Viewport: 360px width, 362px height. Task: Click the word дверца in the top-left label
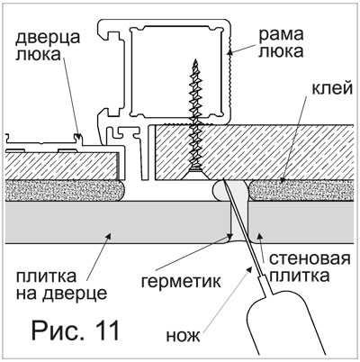48,38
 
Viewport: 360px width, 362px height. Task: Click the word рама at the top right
281,34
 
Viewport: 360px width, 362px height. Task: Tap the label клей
332,88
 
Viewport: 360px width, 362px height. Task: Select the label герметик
181,281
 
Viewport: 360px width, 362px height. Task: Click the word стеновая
310,258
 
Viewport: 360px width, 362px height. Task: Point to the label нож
183,336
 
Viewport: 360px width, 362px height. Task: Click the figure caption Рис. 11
76,330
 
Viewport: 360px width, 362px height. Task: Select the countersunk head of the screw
196,174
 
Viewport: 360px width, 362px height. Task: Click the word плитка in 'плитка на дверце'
46,276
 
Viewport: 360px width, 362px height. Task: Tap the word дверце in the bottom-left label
75,294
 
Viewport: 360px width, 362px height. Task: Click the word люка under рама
281,51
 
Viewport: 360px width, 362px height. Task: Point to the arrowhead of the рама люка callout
230,52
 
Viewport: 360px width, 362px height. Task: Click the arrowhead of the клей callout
282,179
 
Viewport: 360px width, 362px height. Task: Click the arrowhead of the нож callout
249,269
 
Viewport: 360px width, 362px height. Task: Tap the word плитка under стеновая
299,276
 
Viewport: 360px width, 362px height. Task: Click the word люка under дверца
38,55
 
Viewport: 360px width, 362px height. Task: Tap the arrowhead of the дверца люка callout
78,137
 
